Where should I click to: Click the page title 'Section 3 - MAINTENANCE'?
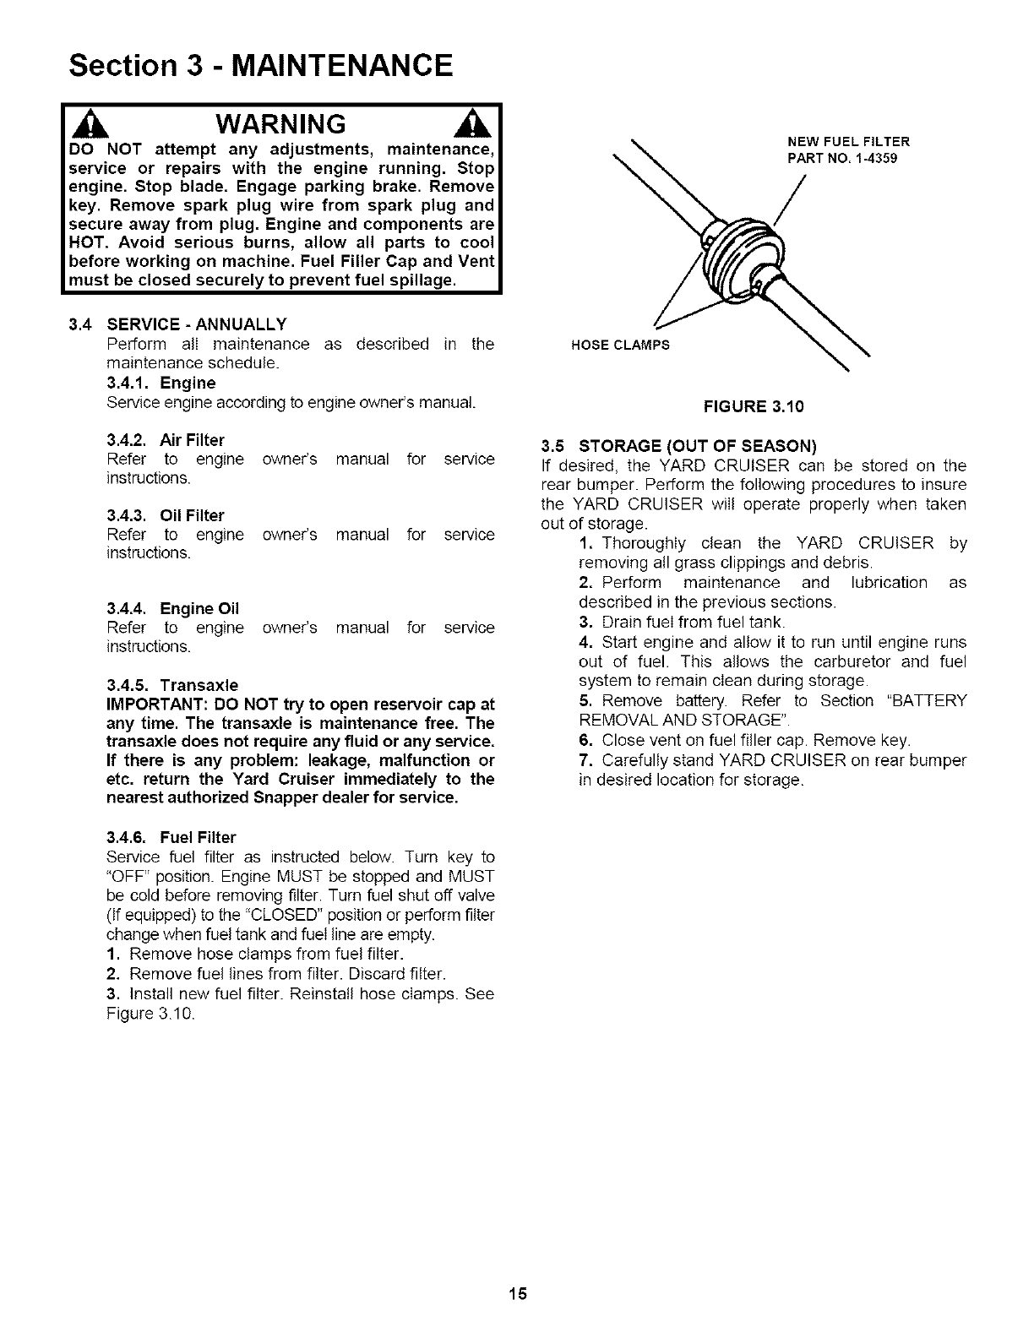pos(262,64)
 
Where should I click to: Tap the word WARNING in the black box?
pos(280,124)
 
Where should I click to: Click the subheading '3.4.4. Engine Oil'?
pos(173,608)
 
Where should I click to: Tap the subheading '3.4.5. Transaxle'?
pos(172,684)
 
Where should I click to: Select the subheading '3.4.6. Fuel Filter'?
pos(171,837)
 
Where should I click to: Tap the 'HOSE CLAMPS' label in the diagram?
pos(620,345)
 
